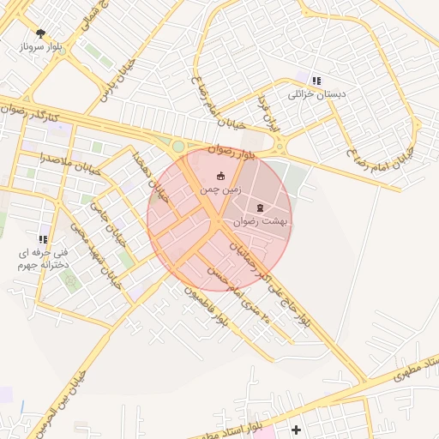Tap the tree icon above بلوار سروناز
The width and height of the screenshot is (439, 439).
coord(40,33)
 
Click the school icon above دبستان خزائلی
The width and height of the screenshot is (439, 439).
coord(317,81)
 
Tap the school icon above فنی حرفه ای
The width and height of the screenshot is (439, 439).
coord(43,239)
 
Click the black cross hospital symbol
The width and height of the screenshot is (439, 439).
coord(297,429)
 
